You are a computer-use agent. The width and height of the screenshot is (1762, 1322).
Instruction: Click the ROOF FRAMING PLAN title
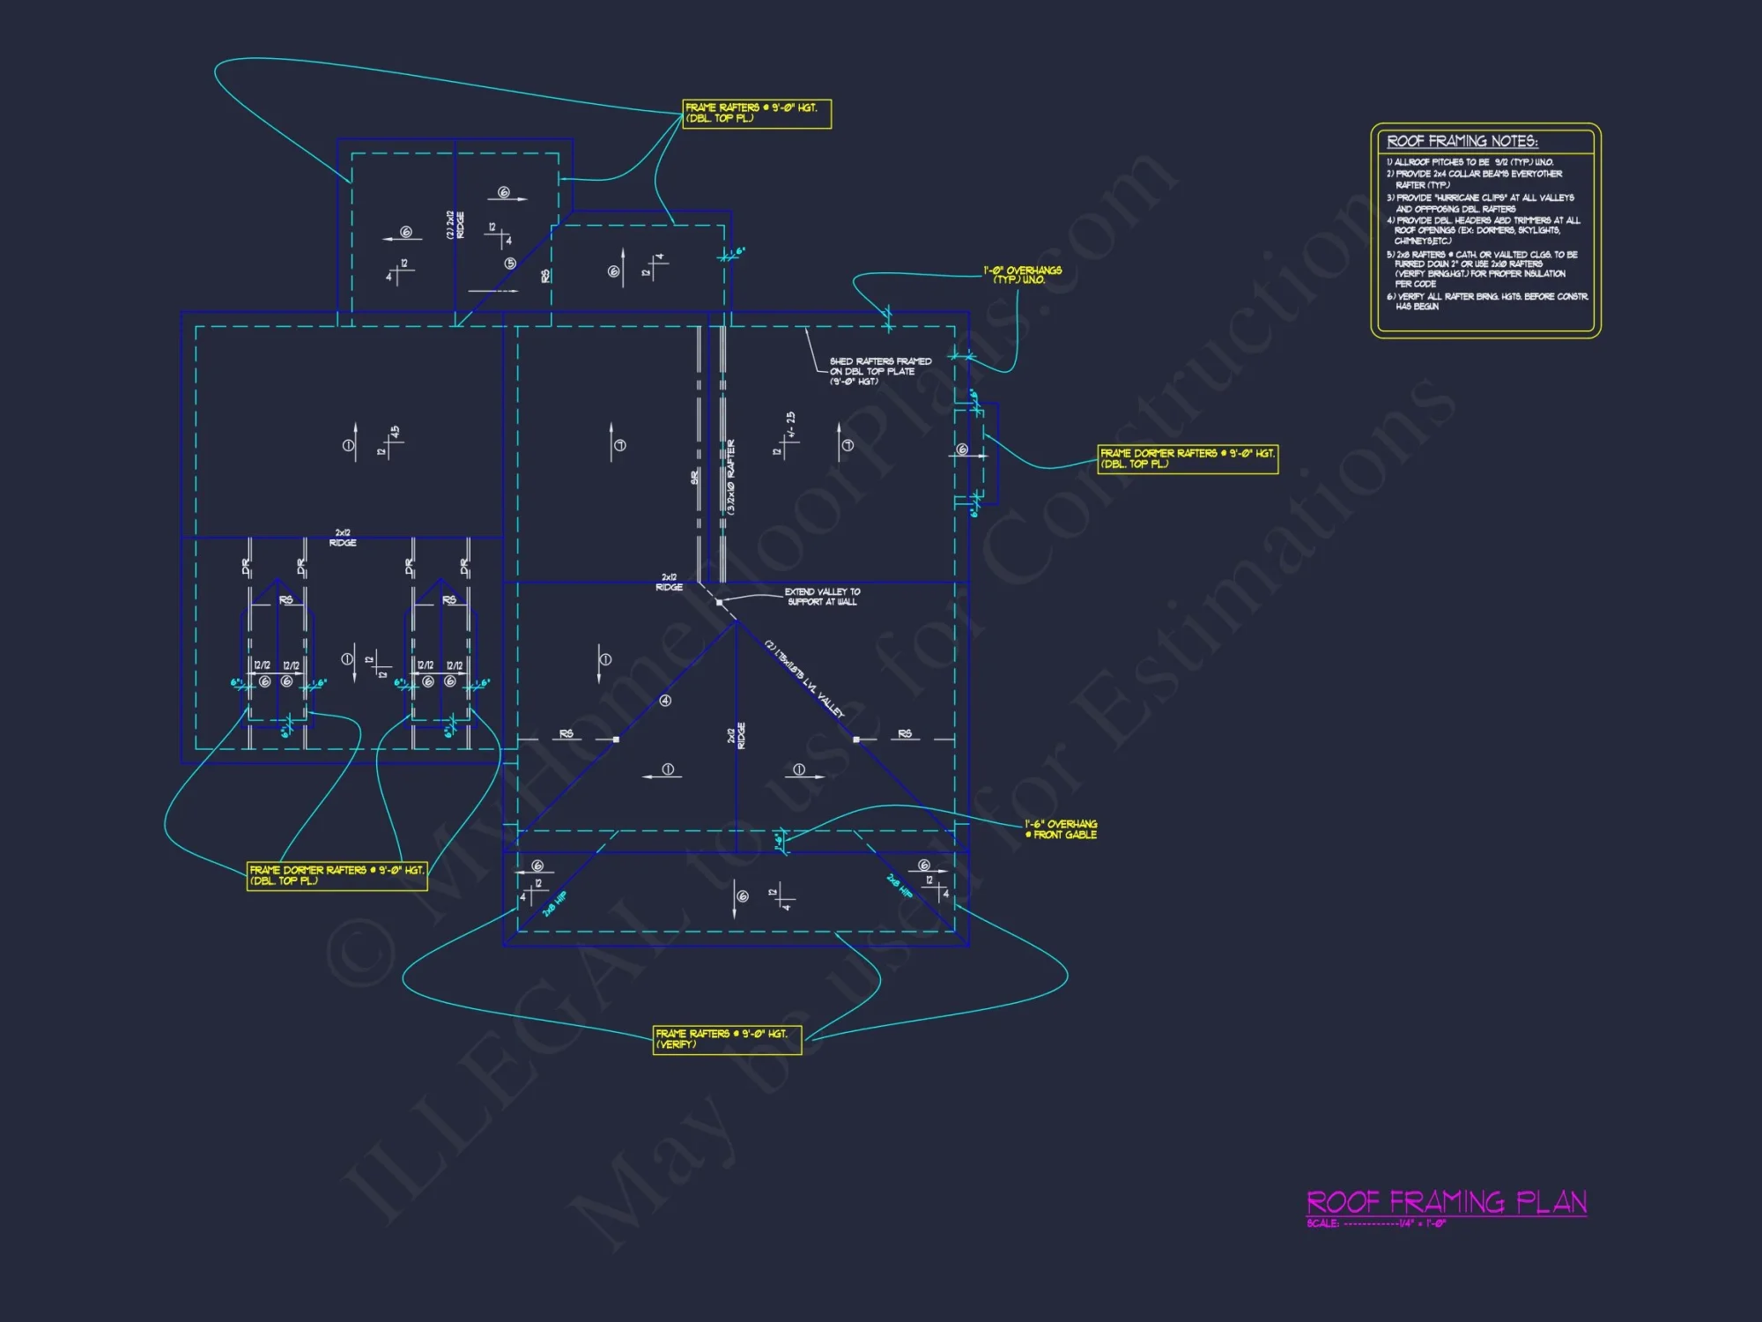point(1446,1202)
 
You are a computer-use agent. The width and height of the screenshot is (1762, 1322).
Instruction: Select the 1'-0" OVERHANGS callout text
point(1022,275)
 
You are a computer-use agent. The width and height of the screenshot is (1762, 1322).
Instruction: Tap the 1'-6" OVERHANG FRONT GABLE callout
point(1061,829)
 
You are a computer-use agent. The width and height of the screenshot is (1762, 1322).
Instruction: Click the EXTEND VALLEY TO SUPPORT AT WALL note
point(822,597)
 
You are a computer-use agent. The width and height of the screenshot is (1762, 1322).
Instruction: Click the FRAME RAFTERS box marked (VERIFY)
point(727,1039)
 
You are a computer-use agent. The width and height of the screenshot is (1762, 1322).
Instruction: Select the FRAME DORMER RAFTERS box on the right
point(1187,458)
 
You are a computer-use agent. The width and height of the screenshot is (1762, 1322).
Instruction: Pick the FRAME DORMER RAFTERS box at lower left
point(337,875)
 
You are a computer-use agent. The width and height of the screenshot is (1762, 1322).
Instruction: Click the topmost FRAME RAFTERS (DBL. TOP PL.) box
point(756,113)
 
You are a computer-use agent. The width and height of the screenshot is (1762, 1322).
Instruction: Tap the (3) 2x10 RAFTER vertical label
point(731,477)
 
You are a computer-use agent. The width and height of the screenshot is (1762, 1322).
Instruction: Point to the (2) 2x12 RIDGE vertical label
point(455,225)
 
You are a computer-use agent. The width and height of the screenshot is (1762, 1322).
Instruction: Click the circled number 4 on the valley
point(665,701)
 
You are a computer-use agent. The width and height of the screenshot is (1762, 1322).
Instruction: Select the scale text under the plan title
point(1376,1223)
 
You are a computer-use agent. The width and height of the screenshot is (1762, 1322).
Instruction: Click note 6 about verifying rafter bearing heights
point(1487,301)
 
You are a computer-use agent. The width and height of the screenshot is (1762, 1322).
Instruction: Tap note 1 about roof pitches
point(1470,162)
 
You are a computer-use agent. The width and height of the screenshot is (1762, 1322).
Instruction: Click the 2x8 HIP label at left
point(554,904)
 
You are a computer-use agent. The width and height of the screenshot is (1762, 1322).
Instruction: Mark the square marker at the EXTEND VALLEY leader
point(719,603)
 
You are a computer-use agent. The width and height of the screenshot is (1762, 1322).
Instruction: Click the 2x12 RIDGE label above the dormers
point(343,538)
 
